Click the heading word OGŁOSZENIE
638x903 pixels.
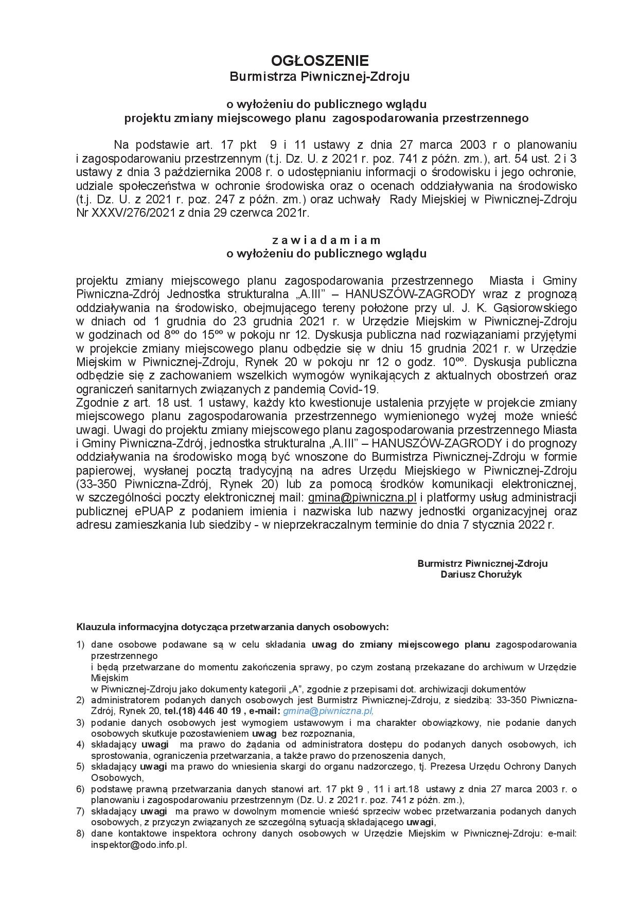click(x=319, y=61)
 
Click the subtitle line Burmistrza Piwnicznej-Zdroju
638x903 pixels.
click(x=319, y=77)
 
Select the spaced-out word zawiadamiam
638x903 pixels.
click(x=326, y=240)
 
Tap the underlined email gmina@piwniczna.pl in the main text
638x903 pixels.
click(x=362, y=497)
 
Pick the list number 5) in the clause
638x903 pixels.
click(x=80, y=767)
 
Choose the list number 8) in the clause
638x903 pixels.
click(x=80, y=833)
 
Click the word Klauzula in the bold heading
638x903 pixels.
click(x=96, y=627)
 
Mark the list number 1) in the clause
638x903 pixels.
click(x=80, y=644)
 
